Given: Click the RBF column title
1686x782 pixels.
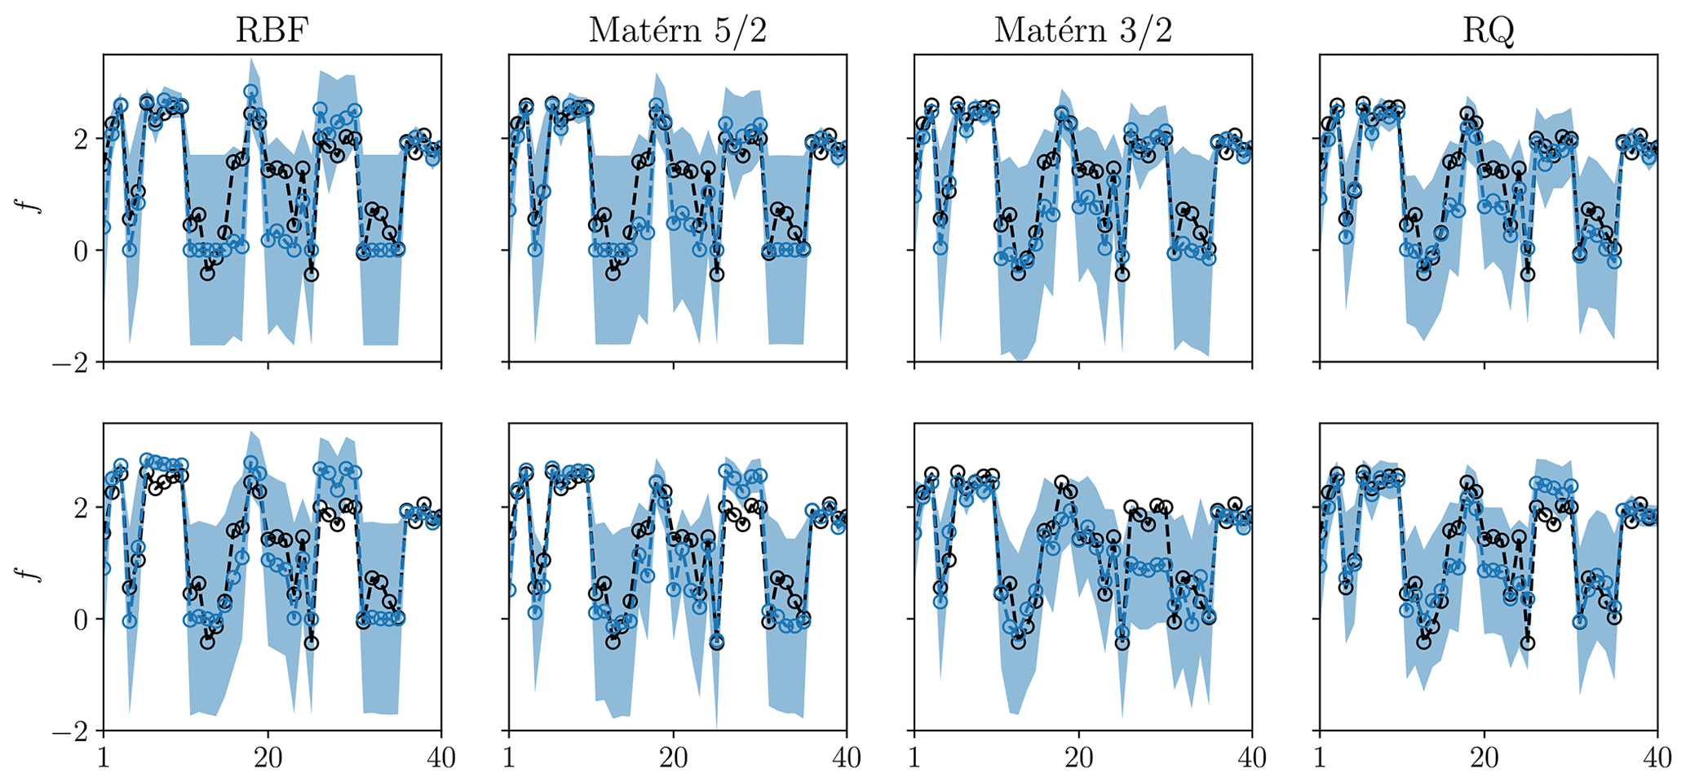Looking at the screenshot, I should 272,30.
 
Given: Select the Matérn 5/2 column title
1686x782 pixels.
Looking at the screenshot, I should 677,30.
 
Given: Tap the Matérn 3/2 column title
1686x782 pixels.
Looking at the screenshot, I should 1082,30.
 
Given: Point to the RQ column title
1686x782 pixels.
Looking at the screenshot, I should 1488,30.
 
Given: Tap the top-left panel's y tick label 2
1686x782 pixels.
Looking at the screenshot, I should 79,140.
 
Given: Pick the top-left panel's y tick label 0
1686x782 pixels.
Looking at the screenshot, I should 79,251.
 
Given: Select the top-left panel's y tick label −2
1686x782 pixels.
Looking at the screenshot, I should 71,362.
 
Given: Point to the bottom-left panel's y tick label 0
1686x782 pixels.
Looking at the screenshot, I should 79,620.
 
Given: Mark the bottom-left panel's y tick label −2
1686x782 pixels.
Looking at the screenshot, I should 71,731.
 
